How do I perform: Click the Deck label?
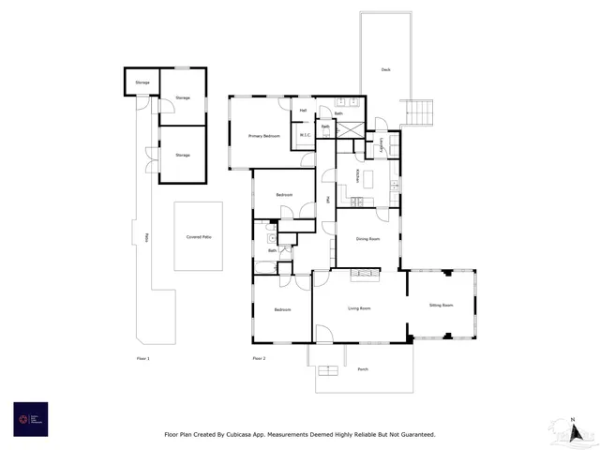point(385,70)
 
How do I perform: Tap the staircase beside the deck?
point(419,113)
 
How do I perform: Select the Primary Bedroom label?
point(264,137)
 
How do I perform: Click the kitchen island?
point(367,177)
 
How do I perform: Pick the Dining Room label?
point(367,239)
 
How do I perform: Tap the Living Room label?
point(359,308)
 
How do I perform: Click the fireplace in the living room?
point(366,275)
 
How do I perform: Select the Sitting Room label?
point(441,305)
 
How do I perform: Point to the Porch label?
point(363,369)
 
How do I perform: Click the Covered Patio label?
point(199,237)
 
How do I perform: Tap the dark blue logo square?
point(30,419)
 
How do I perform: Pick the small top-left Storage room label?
point(142,82)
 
